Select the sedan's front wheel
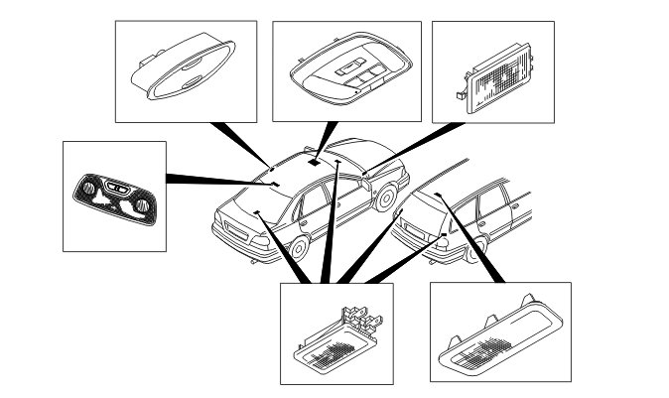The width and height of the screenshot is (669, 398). point(385,200)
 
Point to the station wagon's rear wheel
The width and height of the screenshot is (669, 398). point(479,248)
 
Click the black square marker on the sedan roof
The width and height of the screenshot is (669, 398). point(314,161)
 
